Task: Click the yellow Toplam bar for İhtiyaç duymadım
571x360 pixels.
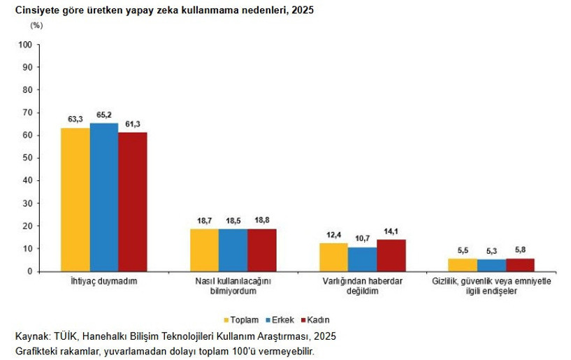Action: point(75,199)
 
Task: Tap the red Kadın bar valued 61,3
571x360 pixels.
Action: point(132,201)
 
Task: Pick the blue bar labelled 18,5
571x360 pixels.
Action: point(233,250)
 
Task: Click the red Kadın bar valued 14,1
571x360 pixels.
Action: point(391,255)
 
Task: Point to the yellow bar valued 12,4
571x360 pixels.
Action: point(333,257)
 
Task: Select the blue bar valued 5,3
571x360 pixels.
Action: point(491,265)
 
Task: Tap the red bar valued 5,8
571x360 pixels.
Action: point(520,264)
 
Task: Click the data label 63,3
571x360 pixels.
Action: point(75,120)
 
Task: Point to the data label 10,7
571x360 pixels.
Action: point(361,238)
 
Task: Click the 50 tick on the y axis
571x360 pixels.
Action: point(27,158)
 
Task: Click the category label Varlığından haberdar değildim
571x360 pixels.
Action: point(362,287)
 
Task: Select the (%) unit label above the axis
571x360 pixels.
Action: point(36,25)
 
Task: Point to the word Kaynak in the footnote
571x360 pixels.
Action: point(31,336)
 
